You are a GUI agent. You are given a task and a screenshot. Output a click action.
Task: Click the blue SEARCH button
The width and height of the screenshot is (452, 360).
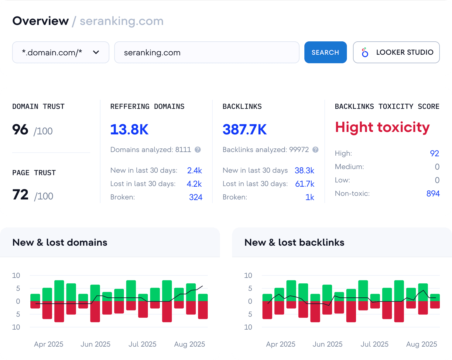click(x=325, y=52)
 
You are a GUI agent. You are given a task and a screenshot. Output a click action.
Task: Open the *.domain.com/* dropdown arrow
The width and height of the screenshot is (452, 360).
click(x=96, y=52)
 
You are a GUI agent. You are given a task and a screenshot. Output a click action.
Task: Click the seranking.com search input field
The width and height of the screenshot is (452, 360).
click(x=207, y=52)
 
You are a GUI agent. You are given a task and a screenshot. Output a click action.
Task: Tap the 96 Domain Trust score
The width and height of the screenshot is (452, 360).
click(x=20, y=130)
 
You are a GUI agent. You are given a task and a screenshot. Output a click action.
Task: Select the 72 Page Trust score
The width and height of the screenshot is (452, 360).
click(x=20, y=195)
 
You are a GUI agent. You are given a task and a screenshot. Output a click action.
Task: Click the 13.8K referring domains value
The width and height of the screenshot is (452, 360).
click(x=129, y=130)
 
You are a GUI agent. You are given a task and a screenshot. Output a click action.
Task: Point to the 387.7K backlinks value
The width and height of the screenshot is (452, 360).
click(x=245, y=130)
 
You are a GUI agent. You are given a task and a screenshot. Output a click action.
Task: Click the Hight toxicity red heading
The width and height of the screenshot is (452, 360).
click(x=382, y=127)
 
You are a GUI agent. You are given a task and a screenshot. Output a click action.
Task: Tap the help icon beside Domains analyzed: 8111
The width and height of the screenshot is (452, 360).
click(x=198, y=150)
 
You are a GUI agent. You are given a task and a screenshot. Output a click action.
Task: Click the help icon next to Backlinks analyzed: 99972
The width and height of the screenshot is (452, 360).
click(x=316, y=150)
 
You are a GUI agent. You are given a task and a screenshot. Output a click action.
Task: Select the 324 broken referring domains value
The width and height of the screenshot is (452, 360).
click(x=196, y=197)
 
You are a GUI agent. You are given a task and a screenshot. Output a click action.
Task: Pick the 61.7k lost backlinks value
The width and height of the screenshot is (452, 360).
click(x=305, y=184)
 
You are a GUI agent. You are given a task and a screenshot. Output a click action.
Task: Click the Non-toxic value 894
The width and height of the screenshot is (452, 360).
click(x=433, y=194)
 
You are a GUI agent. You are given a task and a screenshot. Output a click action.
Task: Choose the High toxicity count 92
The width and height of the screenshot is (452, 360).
click(x=434, y=154)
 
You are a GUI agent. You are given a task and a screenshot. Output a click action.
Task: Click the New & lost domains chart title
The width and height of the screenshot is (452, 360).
click(x=60, y=242)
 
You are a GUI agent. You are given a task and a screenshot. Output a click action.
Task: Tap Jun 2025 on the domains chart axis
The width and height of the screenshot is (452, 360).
click(x=95, y=344)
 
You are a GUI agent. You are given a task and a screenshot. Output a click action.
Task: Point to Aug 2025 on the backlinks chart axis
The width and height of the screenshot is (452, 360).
click(x=422, y=344)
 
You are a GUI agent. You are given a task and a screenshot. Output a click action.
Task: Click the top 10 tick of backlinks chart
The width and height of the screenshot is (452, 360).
click(x=248, y=275)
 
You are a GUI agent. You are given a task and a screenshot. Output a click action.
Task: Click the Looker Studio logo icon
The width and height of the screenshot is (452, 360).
click(x=365, y=52)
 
